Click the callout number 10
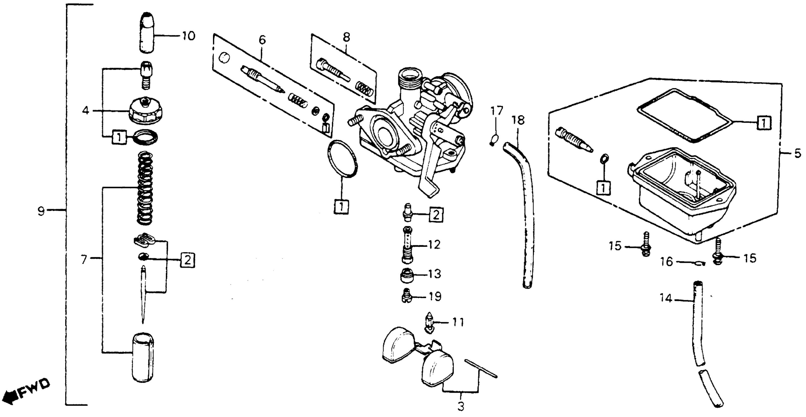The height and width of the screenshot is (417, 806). pos(188,36)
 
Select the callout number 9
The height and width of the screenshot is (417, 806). pos(41,212)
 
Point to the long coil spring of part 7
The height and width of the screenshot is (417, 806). pos(145,188)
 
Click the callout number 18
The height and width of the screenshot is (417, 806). pos(518,120)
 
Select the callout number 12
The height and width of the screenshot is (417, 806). pos(434,245)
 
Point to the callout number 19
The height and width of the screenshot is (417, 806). pos(435,297)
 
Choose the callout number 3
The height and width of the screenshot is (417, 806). pos(461,407)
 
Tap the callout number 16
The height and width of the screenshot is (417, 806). pos(666,261)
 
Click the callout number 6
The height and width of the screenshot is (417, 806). pos(262,40)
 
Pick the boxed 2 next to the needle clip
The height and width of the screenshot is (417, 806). pos(187,260)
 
